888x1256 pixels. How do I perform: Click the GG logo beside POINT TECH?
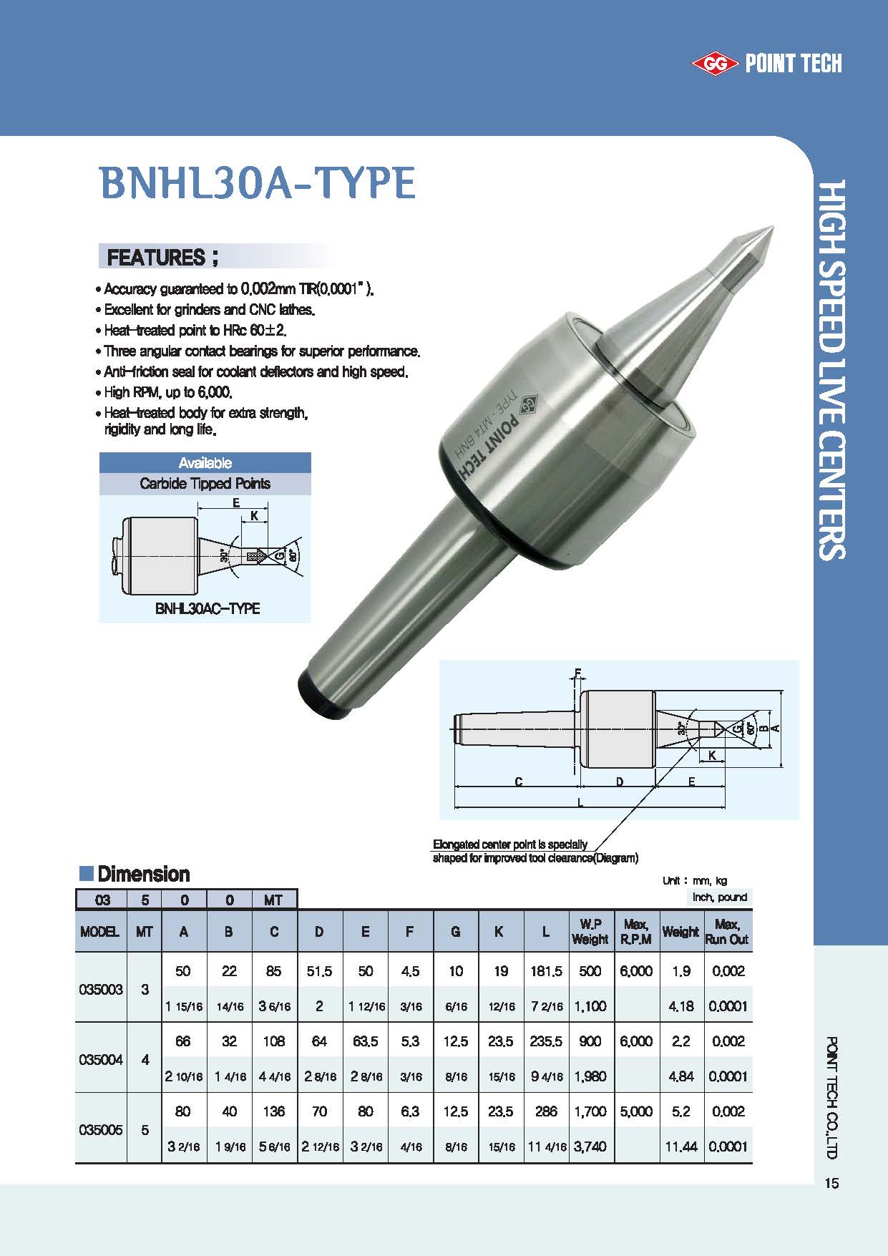click(715, 64)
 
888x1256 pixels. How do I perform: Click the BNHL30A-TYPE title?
click(258, 183)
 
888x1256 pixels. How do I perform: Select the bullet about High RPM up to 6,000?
click(168, 392)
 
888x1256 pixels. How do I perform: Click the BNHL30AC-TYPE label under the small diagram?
click(207, 608)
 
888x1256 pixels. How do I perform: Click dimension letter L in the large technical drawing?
click(580, 803)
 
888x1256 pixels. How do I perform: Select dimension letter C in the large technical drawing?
click(519, 782)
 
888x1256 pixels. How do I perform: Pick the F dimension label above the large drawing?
click(577, 673)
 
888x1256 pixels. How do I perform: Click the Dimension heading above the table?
click(143, 874)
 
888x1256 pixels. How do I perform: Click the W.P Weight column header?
click(590, 931)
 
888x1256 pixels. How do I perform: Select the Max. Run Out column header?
click(727, 931)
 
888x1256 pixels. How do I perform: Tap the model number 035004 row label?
click(100, 1059)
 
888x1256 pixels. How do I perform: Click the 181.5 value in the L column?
click(546, 971)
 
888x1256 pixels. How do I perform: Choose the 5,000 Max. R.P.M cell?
click(636, 1111)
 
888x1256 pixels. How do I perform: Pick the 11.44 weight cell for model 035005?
click(681, 1147)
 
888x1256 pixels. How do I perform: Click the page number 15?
click(831, 1183)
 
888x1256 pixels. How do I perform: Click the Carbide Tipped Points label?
click(205, 484)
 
